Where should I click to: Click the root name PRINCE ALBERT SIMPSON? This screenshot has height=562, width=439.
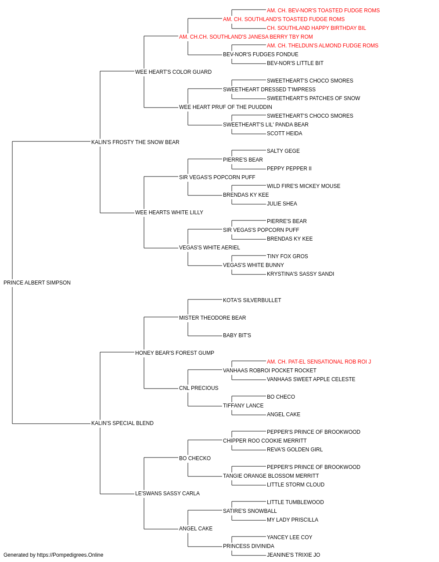click(37, 283)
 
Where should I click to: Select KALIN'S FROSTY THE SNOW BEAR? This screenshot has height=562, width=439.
click(135, 142)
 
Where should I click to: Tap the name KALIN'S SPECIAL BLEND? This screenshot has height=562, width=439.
click(122, 423)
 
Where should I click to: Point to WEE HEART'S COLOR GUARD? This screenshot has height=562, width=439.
click(173, 72)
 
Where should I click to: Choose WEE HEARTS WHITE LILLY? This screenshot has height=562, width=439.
click(169, 213)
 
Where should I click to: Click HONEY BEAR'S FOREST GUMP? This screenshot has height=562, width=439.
click(175, 353)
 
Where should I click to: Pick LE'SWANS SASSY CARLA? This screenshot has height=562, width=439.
click(167, 494)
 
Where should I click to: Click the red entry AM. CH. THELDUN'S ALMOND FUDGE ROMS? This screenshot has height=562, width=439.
click(322, 46)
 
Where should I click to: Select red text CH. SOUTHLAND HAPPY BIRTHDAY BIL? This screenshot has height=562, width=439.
click(316, 28)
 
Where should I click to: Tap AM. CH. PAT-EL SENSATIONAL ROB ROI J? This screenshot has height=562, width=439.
click(319, 362)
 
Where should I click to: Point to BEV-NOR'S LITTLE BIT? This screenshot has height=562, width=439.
click(295, 63)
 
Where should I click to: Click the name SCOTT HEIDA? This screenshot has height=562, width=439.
click(284, 133)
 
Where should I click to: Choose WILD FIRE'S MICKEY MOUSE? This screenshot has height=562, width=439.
click(303, 186)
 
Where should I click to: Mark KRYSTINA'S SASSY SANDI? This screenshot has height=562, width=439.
click(300, 274)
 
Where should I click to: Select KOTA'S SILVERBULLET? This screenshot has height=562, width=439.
click(252, 300)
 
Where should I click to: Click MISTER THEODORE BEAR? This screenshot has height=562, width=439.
click(212, 318)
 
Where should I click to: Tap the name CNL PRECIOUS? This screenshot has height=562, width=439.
click(198, 388)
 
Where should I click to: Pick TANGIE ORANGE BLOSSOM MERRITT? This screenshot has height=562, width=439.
click(271, 476)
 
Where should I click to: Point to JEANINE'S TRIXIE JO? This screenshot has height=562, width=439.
click(293, 555)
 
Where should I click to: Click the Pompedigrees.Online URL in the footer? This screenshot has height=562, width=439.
click(70, 555)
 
